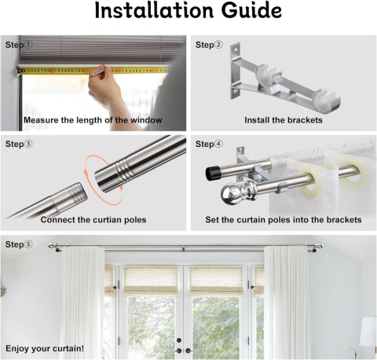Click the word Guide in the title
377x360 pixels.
[x=251, y=10]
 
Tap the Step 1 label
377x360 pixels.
[x=19, y=45]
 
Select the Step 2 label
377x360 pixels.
[x=209, y=45]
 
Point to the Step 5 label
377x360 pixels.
[x=19, y=244]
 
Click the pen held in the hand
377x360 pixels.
[x=98, y=71]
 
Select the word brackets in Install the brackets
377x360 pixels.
[x=305, y=120]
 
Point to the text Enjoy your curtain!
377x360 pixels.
[x=45, y=349]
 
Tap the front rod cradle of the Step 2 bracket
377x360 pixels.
[x=328, y=101]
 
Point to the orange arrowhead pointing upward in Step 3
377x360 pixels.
[x=86, y=171]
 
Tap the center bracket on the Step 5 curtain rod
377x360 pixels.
[x=184, y=248]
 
